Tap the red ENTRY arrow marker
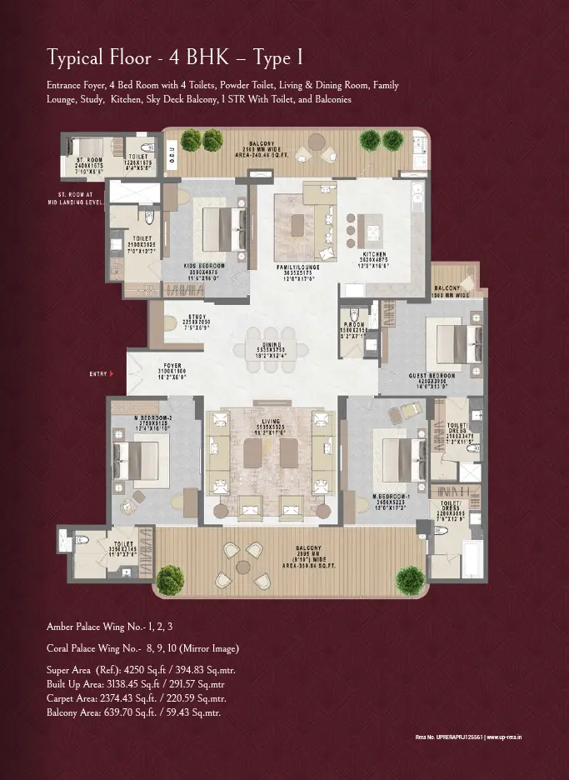coord(111,375)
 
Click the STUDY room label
coord(197,317)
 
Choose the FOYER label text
coord(172,365)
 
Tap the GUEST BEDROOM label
coord(432,376)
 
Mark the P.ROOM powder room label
coord(355,327)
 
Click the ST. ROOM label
coord(88,159)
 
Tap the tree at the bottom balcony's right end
coord(410,577)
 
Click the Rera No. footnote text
coord(467,737)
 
